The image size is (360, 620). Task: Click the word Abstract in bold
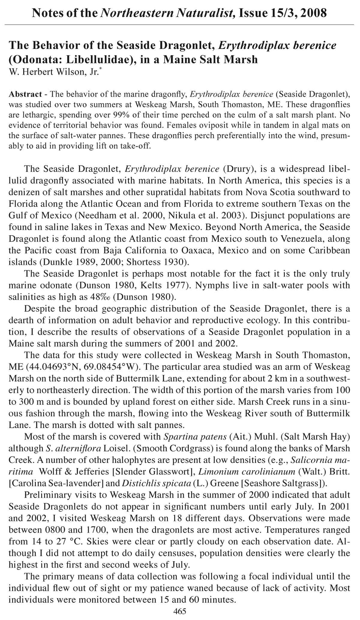click(25, 94)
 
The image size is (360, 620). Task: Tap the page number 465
click(180, 611)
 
